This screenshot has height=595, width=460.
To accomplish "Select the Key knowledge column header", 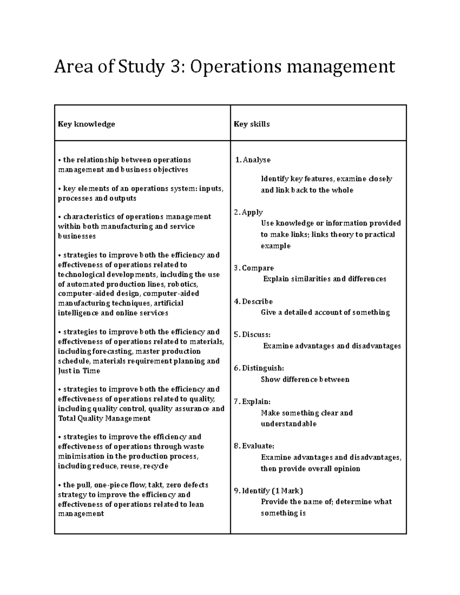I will pos(86,124).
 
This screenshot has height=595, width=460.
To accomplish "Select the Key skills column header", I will pos(252,124).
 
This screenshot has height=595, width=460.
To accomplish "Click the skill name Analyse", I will pos(256,160).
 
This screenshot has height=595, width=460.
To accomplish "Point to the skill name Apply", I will pos(252,212).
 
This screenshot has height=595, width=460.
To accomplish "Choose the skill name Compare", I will pos(258,268).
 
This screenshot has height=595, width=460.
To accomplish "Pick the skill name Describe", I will pos(257,302).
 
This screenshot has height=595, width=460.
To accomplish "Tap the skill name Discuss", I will pos(256,335).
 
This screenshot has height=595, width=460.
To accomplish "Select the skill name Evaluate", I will pos(258,446).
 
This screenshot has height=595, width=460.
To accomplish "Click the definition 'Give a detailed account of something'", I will pos(325,313).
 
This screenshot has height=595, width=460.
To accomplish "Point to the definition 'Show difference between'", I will pos(305,380).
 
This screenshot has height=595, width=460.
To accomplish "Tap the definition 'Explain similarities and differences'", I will pos(325,279).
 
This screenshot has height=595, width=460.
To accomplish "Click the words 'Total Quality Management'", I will pos(104,418).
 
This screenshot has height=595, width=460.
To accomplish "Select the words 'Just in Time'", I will pos(79,371).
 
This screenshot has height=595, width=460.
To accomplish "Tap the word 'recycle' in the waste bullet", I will pos(156,466).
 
